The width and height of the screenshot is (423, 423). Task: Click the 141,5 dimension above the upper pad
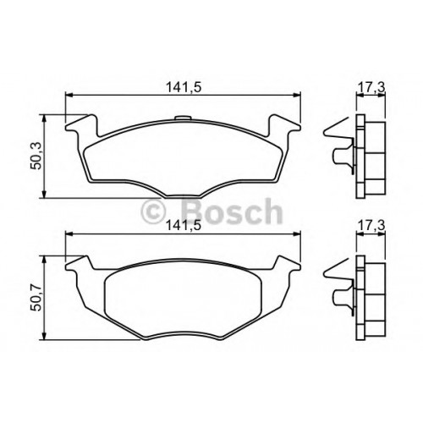[x=184, y=87]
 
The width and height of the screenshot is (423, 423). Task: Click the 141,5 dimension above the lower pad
[x=184, y=226]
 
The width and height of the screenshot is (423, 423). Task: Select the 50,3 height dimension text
[x=36, y=156]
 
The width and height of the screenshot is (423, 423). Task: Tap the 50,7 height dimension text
[x=36, y=297]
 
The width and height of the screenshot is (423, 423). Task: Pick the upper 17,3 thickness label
[x=371, y=88]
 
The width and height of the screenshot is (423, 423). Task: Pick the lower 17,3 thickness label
[x=371, y=226]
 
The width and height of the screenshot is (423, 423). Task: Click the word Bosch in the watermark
[x=231, y=211]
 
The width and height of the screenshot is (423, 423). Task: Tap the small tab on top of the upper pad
[x=182, y=118]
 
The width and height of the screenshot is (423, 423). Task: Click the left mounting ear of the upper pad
[x=82, y=126]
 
